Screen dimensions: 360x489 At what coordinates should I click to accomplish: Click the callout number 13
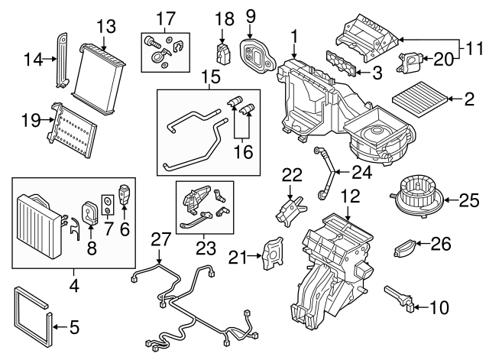click(106, 27)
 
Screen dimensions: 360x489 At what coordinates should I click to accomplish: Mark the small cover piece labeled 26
click(406, 248)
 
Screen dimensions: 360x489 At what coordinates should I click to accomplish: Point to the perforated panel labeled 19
click(73, 125)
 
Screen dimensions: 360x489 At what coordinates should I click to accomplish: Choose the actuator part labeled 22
click(288, 211)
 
